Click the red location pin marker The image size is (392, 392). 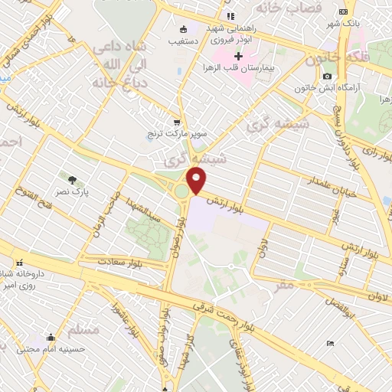pyautogui.click(x=197, y=181)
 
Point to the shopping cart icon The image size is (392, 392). pyautogui.click(x=178, y=122)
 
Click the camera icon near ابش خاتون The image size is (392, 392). pyautogui.click(x=328, y=76)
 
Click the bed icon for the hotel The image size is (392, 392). pyautogui.click(x=330, y=343)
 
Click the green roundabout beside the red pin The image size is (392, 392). pyautogui.click(x=182, y=191)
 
